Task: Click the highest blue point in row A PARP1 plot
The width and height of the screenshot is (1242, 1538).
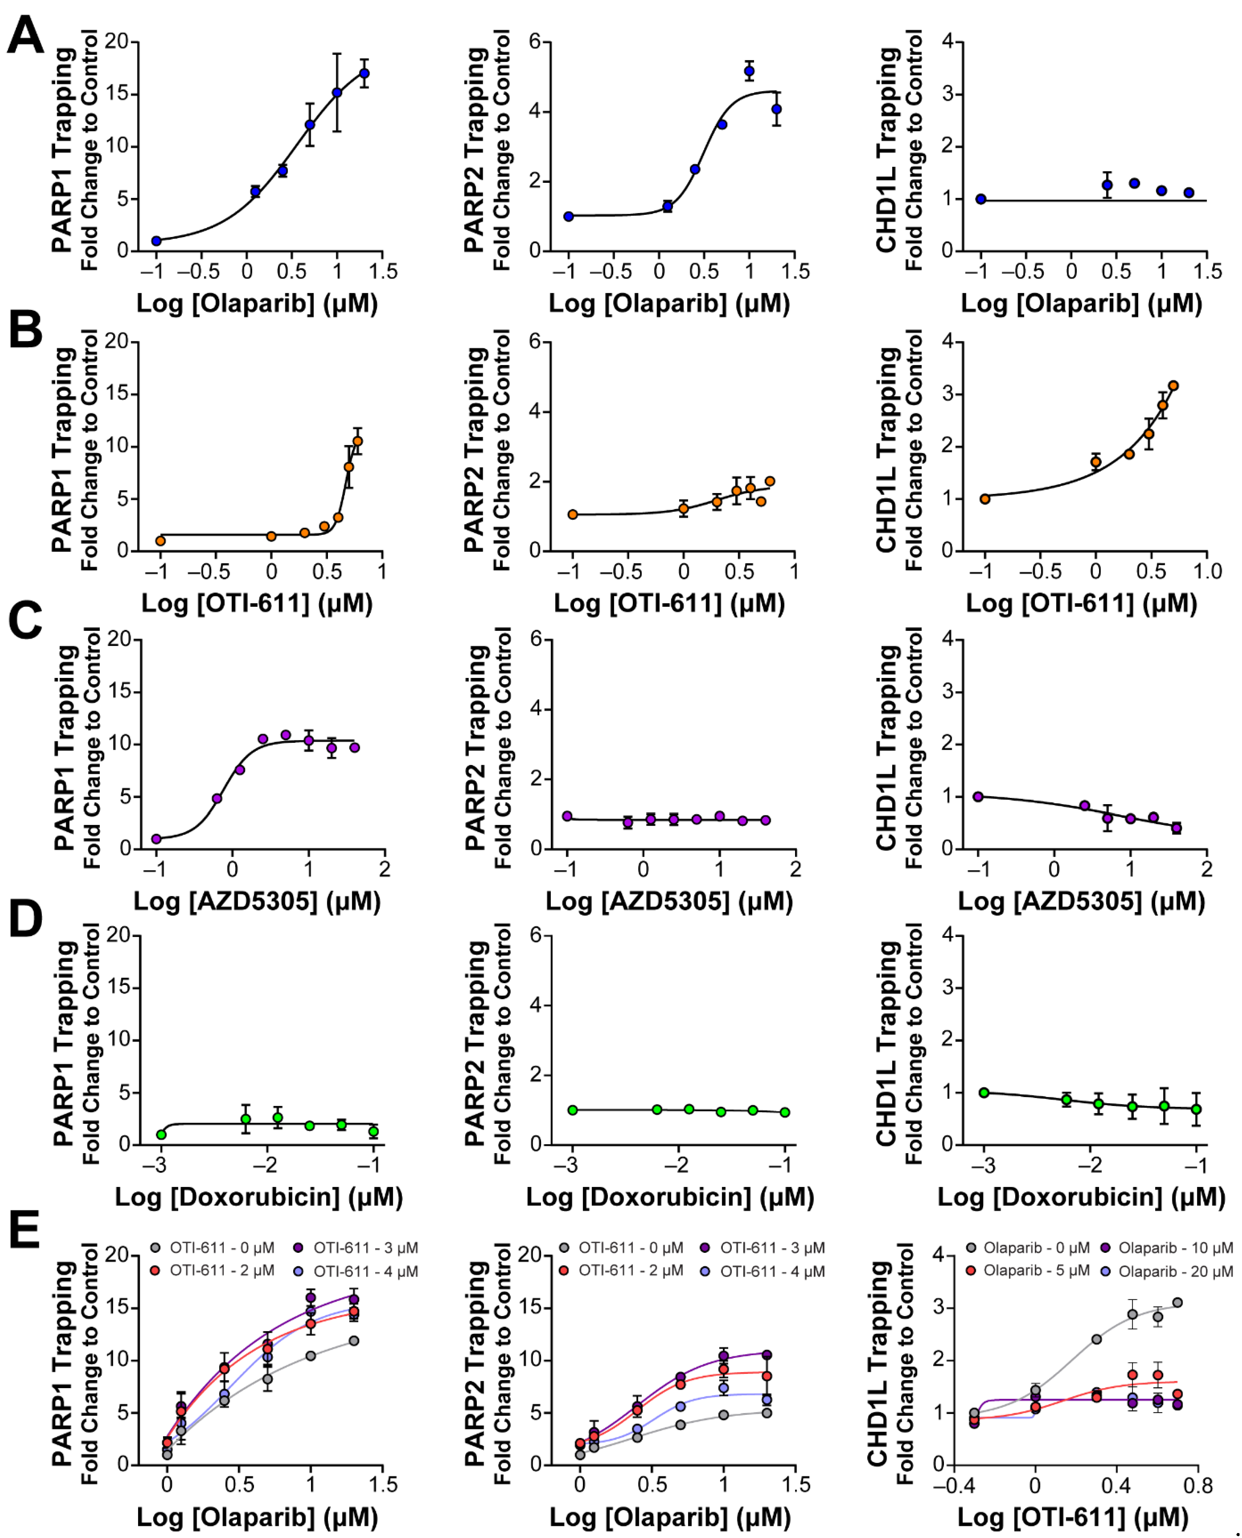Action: pos(364,73)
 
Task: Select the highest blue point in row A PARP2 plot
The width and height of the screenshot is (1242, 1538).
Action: pos(749,71)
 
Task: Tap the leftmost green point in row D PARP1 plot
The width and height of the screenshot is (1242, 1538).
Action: pos(162,1135)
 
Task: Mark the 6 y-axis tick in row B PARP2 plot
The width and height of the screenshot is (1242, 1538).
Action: pos(535,341)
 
